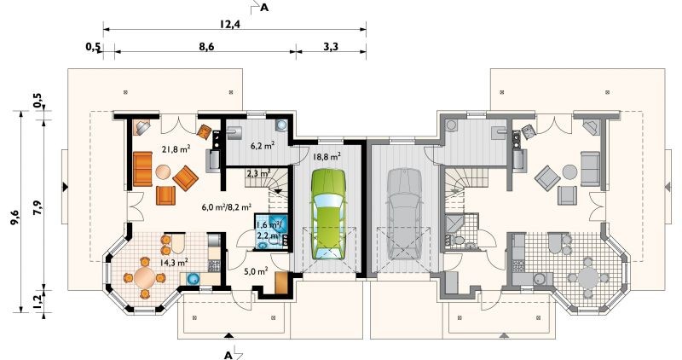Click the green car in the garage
(329, 213)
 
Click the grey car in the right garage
(405, 213)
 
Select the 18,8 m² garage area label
(327, 157)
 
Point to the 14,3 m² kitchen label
(174, 262)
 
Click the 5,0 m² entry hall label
(255, 271)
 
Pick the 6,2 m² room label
(263, 145)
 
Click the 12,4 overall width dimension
(228, 23)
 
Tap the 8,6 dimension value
(206, 46)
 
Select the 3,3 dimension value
(331, 46)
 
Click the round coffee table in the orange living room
(164, 172)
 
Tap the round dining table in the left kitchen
(145, 278)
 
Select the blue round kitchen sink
(193, 279)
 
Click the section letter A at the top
(264, 8)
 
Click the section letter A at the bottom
(228, 355)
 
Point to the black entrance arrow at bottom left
(228, 335)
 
